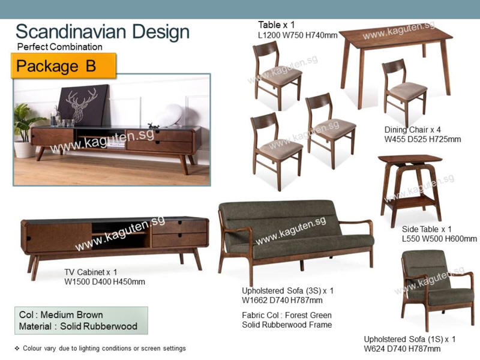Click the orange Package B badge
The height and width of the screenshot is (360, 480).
(64, 65)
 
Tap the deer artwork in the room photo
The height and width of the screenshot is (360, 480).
(83, 105)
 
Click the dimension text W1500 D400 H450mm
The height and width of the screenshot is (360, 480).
(104, 281)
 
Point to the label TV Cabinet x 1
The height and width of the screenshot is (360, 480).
(91, 272)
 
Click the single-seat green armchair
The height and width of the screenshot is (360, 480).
(438, 289)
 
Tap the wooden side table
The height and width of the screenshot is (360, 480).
(410, 190)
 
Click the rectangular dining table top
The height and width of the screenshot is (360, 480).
(396, 38)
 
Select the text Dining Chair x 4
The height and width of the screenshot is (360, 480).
(413, 130)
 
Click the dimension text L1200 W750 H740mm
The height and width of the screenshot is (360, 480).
(298, 35)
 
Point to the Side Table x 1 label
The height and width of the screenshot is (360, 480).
(427, 229)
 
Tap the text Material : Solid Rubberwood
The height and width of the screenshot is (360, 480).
(78, 326)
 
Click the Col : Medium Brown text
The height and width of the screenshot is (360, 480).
(61, 314)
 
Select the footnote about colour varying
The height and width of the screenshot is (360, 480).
(100, 348)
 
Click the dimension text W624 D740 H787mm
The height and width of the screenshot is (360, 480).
(402, 349)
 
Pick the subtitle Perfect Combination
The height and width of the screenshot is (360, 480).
(59, 47)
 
